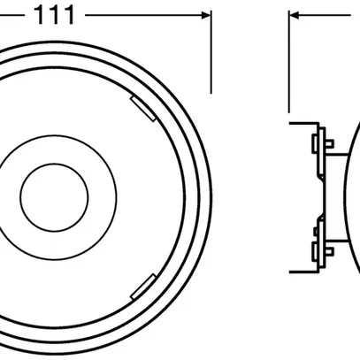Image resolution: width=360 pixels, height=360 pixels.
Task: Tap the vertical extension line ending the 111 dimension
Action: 211,53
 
